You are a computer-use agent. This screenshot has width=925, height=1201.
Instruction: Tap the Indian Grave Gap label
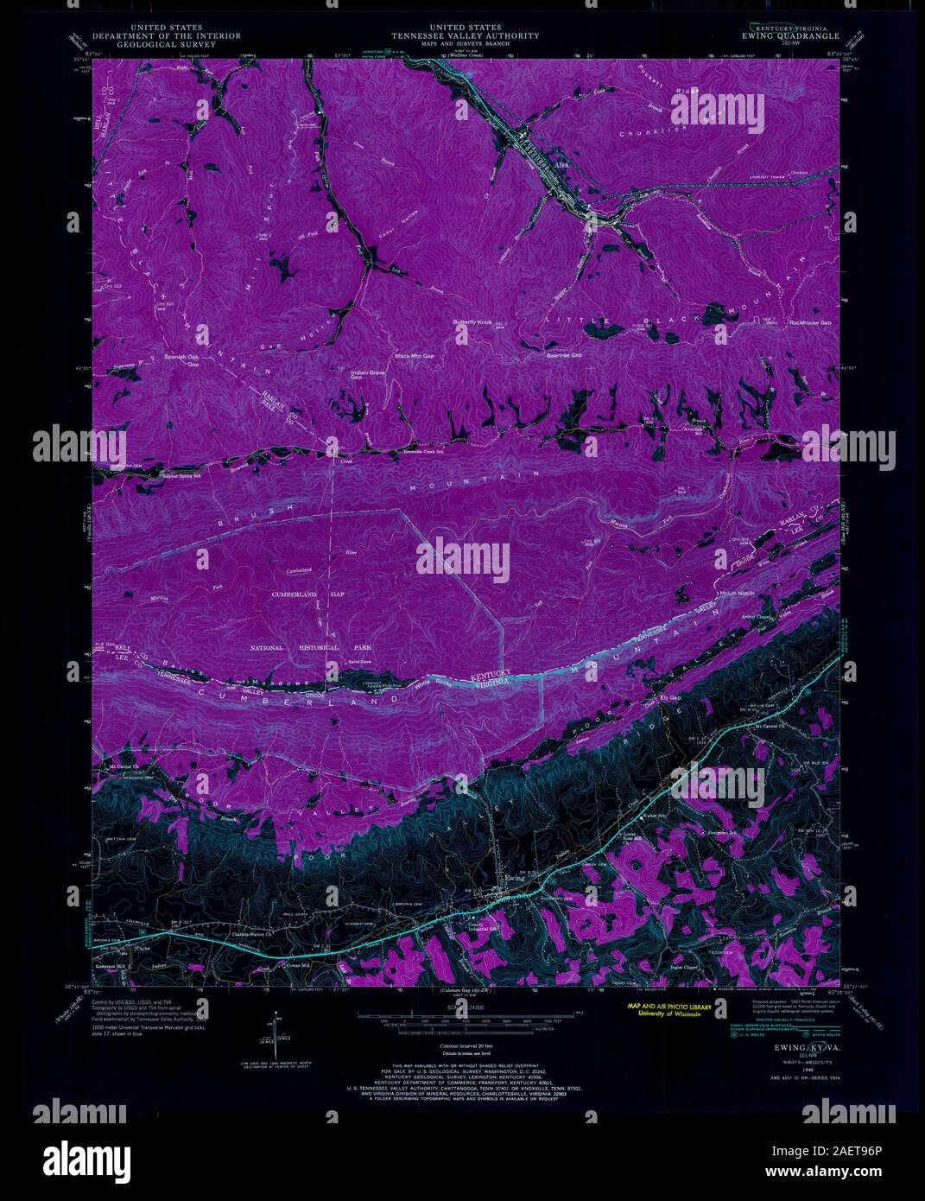coord(367,374)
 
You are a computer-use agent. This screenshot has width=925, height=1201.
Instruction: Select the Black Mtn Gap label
coord(415,356)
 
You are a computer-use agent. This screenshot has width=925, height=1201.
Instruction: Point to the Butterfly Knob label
coord(472,322)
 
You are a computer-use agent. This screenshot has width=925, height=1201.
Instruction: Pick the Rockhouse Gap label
coord(809,322)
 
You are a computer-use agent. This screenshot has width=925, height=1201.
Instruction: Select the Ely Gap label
coord(670,697)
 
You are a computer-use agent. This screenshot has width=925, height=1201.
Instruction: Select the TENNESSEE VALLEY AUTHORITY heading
coord(466,36)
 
